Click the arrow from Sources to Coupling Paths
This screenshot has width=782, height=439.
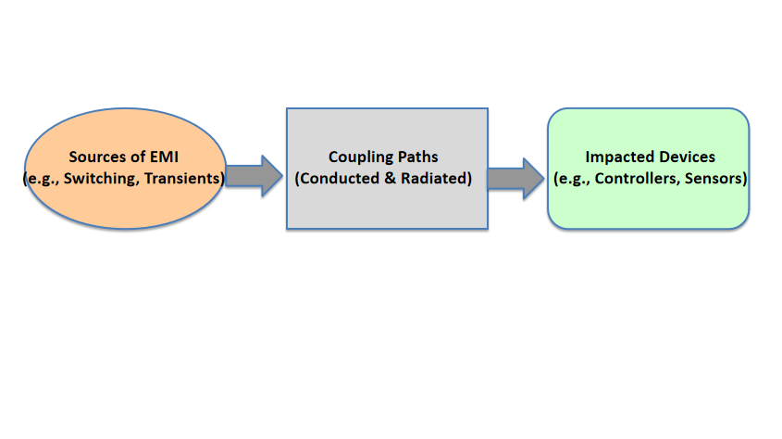(x=254, y=176)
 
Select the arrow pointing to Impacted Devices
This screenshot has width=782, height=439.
(x=515, y=179)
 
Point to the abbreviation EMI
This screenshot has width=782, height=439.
(x=164, y=157)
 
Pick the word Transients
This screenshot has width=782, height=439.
(x=181, y=178)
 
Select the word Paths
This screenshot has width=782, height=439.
(x=418, y=157)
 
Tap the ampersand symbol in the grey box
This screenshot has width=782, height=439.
(x=390, y=178)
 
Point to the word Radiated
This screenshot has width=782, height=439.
(x=434, y=178)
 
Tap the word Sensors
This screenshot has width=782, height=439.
(x=714, y=178)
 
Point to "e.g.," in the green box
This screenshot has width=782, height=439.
(x=572, y=179)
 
